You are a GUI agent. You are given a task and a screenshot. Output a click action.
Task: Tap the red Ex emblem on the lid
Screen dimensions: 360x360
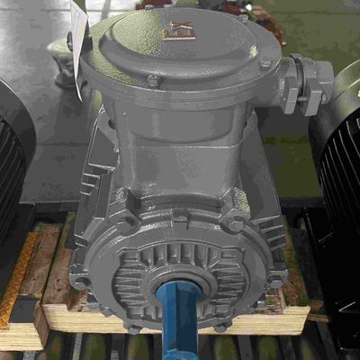(x=172, y=30)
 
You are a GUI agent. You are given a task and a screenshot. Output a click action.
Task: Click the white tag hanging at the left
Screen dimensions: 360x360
(x=80, y=53)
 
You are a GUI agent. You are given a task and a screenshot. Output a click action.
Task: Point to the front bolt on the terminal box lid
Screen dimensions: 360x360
(x=153, y=81)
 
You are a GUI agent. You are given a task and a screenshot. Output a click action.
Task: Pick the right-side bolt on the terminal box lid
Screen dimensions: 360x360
(x=265, y=64)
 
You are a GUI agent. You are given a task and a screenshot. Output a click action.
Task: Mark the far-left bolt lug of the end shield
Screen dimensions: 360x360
(x=81, y=281)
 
